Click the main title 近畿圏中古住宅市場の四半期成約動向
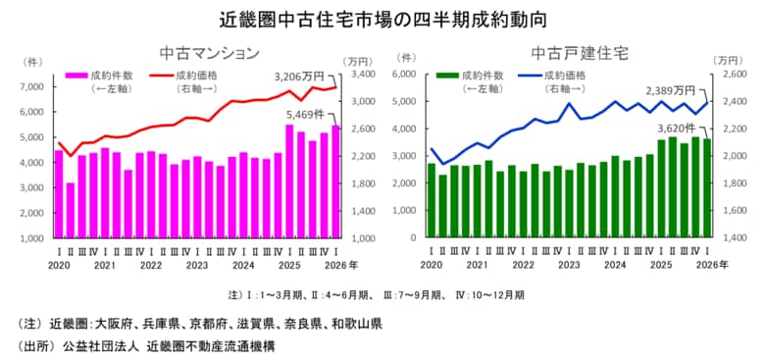382,19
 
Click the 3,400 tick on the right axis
359,75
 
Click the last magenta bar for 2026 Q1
335,181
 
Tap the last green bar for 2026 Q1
707,188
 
